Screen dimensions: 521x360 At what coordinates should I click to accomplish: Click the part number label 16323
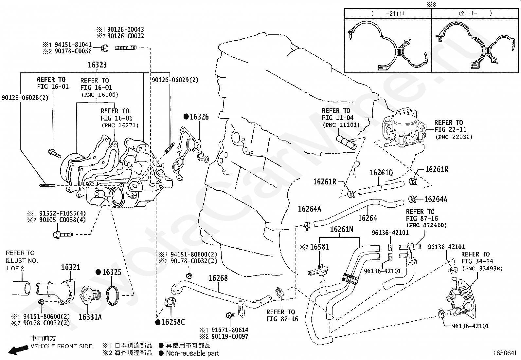(97, 65)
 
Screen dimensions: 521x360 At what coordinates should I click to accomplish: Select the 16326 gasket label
(199, 117)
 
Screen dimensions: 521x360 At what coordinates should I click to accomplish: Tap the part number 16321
(70, 267)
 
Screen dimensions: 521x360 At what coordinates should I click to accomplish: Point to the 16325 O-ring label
(112, 272)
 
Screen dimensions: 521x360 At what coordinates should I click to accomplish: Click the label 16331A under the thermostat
(90, 317)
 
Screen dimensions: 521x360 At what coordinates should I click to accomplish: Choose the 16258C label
(173, 322)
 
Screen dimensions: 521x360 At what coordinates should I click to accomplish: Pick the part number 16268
(218, 278)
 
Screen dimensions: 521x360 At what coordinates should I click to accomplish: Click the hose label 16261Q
(381, 173)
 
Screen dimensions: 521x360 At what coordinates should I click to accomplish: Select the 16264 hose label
(368, 218)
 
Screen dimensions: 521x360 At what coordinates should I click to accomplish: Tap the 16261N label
(341, 230)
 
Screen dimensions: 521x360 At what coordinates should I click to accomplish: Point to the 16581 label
(320, 247)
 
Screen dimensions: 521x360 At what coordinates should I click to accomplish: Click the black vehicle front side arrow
(18, 350)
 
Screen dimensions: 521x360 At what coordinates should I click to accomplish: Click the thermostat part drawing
(90, 295)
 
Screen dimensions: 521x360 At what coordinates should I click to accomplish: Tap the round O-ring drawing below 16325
(113, 295)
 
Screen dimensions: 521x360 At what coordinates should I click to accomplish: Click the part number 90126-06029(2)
(175, 80)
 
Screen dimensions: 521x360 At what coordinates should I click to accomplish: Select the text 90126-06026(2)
(25, 98)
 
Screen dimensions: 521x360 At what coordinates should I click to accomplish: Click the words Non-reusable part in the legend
(192, 353)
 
